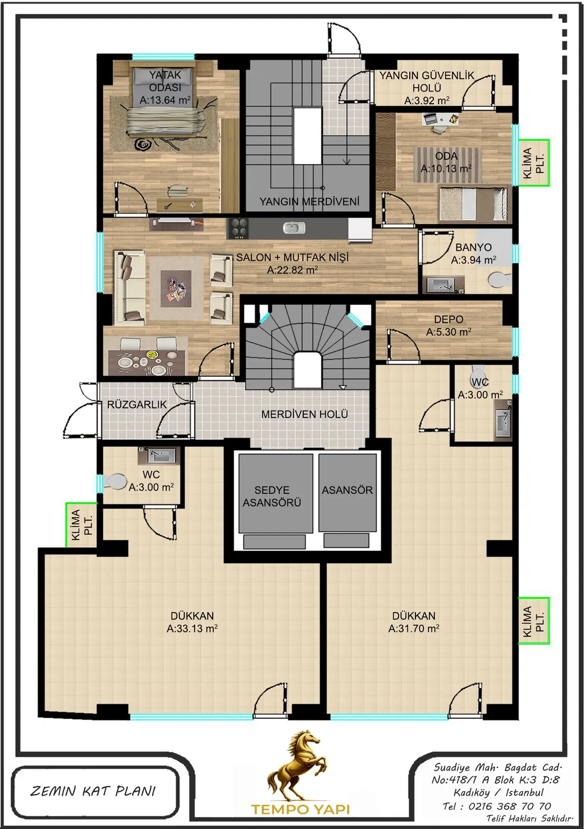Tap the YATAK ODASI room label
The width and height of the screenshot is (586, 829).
point(165,81)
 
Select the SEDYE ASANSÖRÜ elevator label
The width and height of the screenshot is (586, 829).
point(272,496)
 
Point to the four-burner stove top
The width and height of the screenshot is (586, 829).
point(238,228)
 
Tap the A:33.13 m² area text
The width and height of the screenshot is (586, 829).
point(192,629)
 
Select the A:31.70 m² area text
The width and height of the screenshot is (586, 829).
point(414,629)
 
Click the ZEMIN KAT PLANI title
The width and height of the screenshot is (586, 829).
point(93,791)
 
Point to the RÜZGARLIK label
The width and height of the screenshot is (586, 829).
point(137,405)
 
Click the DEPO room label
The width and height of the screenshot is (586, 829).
point(449,320)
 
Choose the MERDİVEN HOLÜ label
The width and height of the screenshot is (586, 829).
point(305,414)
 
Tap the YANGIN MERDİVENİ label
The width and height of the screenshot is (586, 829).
point(309,201)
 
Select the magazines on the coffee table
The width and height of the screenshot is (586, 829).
point(176,289)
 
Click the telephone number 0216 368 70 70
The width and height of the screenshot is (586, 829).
point(510,806)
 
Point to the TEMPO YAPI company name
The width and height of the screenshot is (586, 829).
point(300,809)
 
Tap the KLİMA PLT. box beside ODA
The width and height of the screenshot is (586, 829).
point(534,162)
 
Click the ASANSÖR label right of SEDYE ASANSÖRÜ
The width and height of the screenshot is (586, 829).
point(347,490)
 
